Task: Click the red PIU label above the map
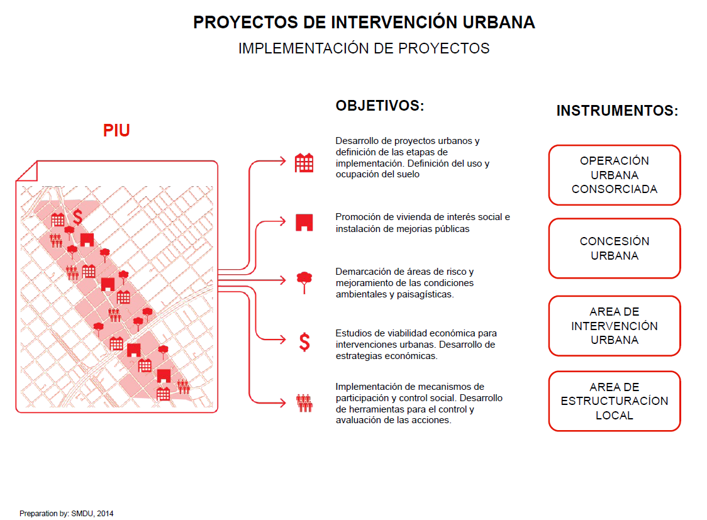(116, 130)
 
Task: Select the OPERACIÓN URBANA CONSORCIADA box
(614, 175)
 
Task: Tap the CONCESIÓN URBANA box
(614, 248)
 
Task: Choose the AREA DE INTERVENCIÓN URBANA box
(614, 326)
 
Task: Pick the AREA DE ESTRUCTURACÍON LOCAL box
(614, 401)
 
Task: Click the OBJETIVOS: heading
(380, 106)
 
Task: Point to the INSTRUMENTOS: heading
(617, 111)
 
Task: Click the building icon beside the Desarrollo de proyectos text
(304, 163)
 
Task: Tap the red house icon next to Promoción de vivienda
(304, 223)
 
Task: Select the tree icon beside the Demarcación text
(304, 282)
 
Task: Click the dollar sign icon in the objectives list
(305, 342)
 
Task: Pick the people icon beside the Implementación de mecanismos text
(304, 403)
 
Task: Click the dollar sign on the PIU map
(77, 217)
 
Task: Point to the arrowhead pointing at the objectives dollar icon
(282, 340)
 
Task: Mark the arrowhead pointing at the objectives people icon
(282, 402)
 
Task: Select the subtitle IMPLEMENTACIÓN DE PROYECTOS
(364, 48)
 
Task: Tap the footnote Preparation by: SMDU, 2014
(66, 513)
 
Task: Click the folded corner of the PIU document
(26, 171)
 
